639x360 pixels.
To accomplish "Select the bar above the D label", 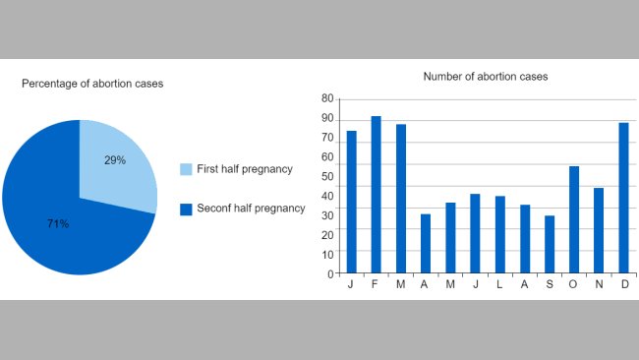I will tap(623, 198).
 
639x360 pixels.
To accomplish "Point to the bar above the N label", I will tap(599, 230).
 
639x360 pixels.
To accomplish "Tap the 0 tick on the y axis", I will tap(330, 273).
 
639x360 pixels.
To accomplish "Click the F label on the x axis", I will tap(377, 284).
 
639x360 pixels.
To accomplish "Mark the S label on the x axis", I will tap(550, 284).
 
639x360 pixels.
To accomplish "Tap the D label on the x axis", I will tap(623, 284).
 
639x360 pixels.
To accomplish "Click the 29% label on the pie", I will tap(115, 160).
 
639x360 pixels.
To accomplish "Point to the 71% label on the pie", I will tap(58, 224).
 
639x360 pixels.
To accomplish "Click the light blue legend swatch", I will tap(186, 169).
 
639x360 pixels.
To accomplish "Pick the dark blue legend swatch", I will tap(186, 209).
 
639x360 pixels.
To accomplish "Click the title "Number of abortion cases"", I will tap(486, 77).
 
